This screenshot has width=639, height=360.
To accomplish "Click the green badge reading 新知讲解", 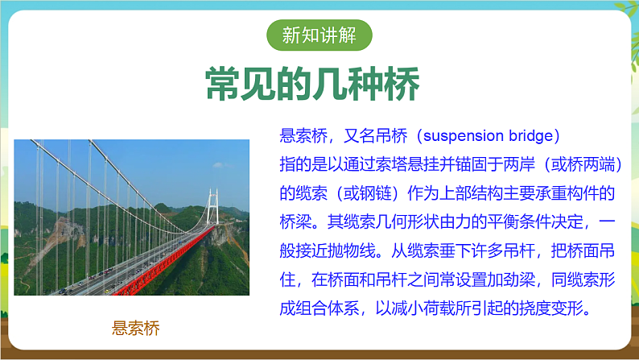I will click(319, 35).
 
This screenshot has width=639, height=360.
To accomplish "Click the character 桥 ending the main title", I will click(399, 83).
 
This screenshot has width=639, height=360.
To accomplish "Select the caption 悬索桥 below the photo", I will click(136, 329).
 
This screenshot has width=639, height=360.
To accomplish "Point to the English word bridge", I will click(533, 134).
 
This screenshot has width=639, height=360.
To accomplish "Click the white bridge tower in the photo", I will click(212, 211).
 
